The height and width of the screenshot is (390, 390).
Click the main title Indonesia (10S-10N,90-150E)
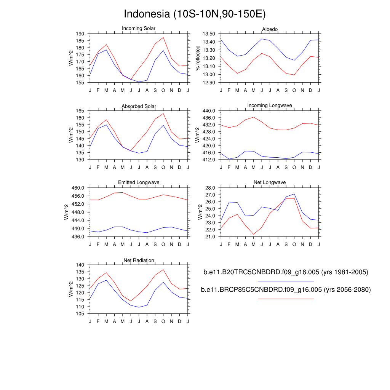coord(195,14)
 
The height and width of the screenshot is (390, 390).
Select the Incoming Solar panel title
coord(139,29)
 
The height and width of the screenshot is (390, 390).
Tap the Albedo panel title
coord(270,29)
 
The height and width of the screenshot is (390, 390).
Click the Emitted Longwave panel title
coord(139,183)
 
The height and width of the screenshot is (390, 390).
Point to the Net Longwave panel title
coord(270,183)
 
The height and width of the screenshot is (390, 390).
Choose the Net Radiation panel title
coord(139,261)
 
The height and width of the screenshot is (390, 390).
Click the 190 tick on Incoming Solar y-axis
coord(80,34)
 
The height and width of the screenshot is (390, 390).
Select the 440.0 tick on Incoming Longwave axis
coord(209,111)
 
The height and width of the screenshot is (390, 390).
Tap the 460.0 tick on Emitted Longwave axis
coord(78,188)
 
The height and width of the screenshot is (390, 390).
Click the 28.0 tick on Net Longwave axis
coord(210,188)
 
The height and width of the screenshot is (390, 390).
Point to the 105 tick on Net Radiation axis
coord(80,314)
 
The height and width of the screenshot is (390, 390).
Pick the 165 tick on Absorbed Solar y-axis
coord(80,111)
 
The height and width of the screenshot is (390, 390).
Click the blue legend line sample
coord(286,281)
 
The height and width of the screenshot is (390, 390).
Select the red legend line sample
coord(286,299)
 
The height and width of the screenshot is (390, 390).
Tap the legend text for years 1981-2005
coord(286,272)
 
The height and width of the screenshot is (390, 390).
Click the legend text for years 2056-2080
coord(286,290)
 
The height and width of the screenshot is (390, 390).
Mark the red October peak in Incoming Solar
coord(163,37)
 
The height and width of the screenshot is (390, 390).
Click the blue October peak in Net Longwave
coord(294,194)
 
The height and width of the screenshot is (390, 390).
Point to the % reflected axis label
coord(198,58)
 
